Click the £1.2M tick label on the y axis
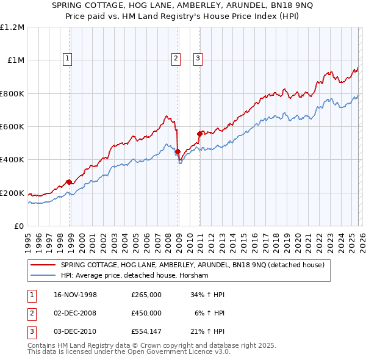click(x=13, y=27)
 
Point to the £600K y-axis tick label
click(x=13, y=127)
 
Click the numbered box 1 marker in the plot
click(x=66, y=59)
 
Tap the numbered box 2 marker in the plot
click(x=176, y=59)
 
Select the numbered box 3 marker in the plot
click(x=198, y=59)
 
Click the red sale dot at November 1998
click(x=70, y=182)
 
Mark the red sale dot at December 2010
click(x=199, y=134)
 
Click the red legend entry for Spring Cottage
click(x=196, y=265)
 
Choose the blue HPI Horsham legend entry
click(x=134, y=276)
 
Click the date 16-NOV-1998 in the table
click(x=75, y=295)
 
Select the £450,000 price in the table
click(x=146, y=312)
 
